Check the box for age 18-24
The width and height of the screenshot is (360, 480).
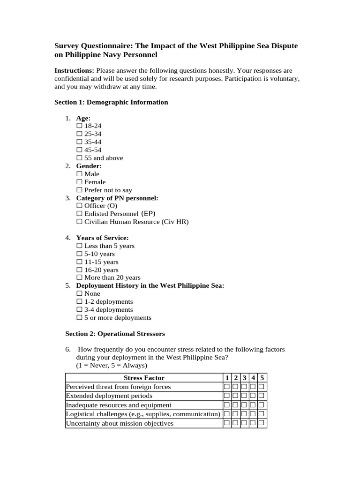coord(79,126)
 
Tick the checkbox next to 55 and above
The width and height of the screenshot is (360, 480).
coord(79,158)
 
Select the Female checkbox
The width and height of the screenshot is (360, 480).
coord(79,182)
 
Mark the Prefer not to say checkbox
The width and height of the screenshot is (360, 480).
coord(79,190)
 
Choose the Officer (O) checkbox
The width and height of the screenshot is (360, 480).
coord(79,206)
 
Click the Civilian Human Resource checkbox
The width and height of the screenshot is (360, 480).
coord(79,222)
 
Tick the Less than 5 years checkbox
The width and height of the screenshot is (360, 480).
coord(79,246)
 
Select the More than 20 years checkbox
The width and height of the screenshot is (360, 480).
coord(79,277)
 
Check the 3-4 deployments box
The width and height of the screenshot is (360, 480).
coord(79,310)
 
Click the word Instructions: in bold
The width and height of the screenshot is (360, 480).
coord(74,70)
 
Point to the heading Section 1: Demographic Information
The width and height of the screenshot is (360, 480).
coord(111,102)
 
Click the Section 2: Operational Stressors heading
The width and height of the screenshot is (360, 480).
coord(114,334)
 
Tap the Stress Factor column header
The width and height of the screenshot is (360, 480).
coord(144,378)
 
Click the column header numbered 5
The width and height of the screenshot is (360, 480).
coord(262,378)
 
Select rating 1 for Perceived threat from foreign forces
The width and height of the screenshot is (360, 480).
coord(227,387)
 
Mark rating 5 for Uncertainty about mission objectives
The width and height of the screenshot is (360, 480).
coord(262,423)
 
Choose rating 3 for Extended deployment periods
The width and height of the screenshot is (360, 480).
coord(244,396)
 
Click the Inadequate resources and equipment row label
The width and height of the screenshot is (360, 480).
coord(119,405)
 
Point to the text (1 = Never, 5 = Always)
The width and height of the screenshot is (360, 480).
coord(111,365)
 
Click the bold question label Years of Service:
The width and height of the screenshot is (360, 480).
coord(102,238)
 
